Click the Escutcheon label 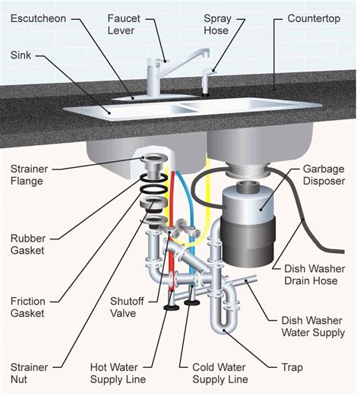(38, 18)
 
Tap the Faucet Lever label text (124, 24)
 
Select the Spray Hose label (217, 24)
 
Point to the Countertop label (314, 19)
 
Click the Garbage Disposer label (324, 175)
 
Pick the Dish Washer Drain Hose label (314, 274)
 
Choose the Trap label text (292, 367)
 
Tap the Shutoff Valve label (127, 307)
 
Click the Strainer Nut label (29, 373)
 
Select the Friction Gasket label (28, 307)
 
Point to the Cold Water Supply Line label (220, 373)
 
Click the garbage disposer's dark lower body (248, 241)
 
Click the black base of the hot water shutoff (172, 308)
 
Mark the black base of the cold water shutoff (192, 303)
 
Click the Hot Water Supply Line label (118, 373)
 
